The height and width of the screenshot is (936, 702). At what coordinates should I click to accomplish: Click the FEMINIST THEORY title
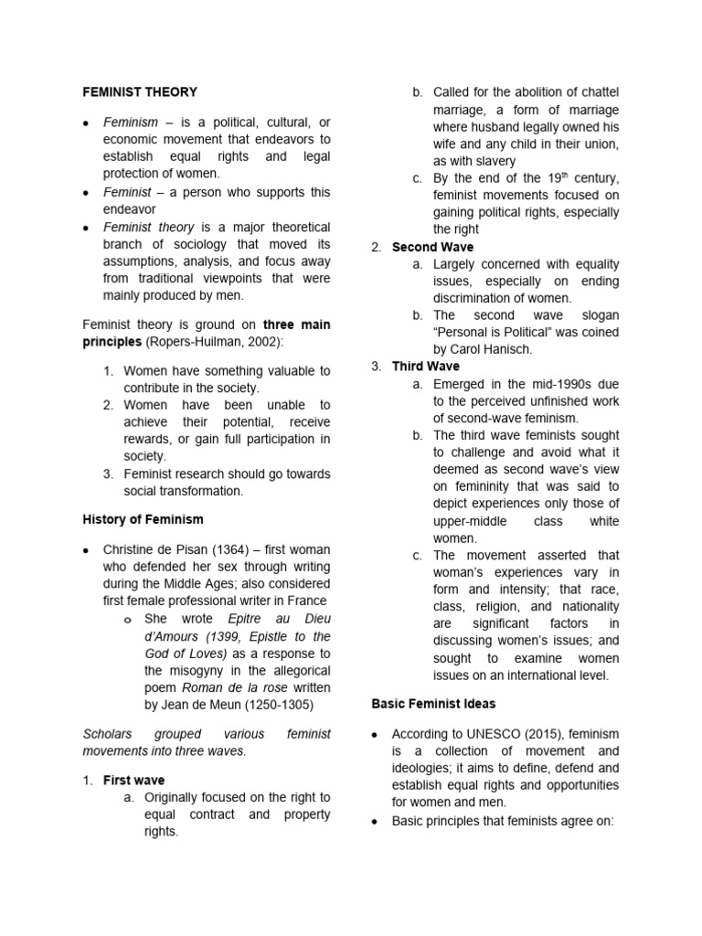click(140, 92)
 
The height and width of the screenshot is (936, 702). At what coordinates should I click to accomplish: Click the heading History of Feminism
click(143, 519)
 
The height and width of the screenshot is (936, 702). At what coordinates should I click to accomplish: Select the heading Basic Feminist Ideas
click(434, 703)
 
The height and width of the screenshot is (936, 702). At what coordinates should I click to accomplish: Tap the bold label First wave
click(134, 780)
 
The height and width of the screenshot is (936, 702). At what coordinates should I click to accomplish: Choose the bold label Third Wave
click(426, 367)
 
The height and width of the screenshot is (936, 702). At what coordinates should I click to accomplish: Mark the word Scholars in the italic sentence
click(108, 733)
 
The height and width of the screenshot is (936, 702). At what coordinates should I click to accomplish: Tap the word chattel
click(598, 92)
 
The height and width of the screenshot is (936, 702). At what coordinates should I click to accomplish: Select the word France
click(306, 600)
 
